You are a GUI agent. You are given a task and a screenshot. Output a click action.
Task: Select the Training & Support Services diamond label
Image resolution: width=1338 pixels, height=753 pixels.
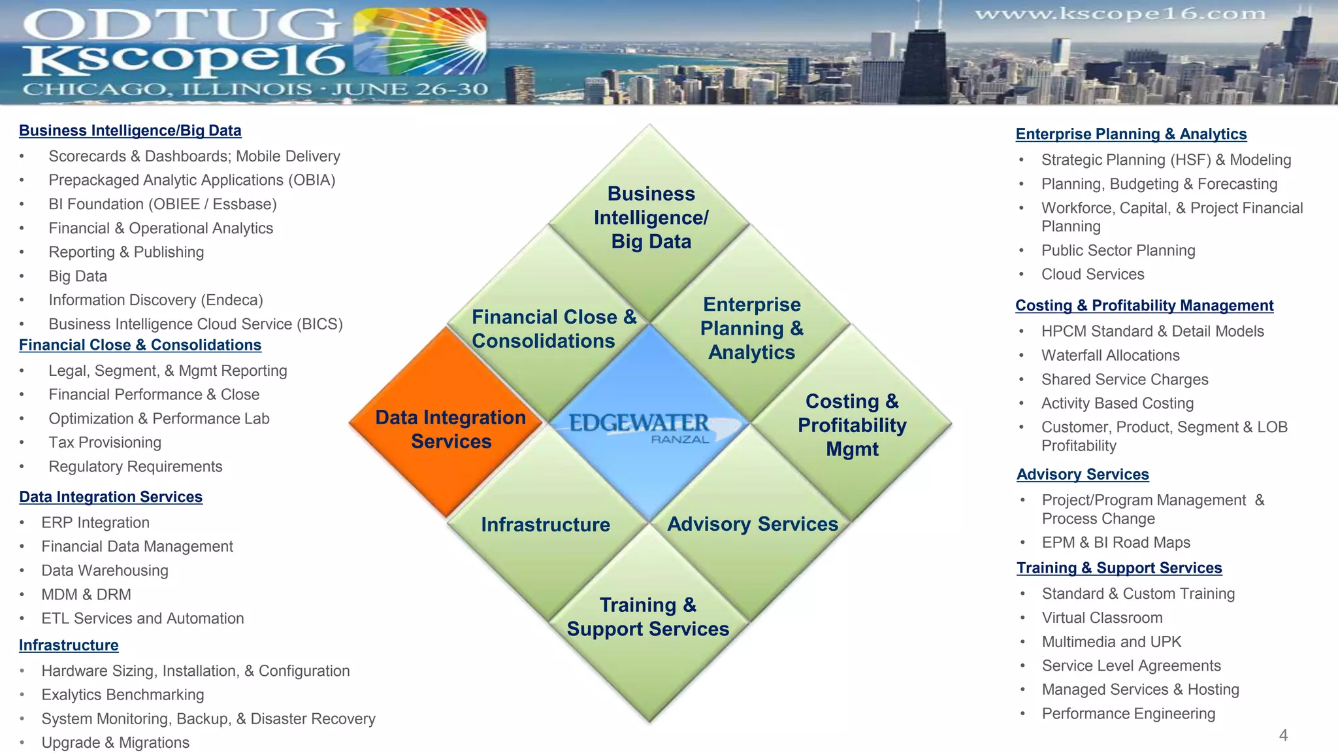(x=648, y=616)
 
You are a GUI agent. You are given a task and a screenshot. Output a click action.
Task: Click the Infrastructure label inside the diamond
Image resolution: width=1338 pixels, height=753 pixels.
(x=546, y=524)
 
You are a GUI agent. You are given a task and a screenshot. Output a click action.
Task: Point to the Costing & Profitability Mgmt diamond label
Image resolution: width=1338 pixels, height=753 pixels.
(x=852, y=425)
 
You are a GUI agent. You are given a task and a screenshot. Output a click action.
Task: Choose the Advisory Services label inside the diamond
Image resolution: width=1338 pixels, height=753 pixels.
(x=753, y=524)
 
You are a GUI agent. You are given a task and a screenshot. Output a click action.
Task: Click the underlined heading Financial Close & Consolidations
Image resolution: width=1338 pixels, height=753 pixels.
(x=140, y=345)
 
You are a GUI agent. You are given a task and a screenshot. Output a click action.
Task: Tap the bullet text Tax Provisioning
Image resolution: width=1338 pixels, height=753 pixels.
(x=105, y=443)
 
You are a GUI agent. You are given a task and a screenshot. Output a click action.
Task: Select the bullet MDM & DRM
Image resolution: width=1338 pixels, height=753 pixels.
(x=86, y=595)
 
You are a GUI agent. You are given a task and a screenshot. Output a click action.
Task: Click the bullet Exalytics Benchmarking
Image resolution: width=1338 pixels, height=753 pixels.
(x=123, y=695)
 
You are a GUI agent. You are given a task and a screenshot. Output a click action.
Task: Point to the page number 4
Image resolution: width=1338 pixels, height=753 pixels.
(x=1283, y=735)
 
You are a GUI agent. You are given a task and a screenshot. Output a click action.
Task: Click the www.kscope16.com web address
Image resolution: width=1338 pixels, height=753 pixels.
(x=1120, y=14)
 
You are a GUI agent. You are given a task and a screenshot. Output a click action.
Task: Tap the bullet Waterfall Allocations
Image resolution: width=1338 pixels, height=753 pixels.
(x=1111, y=356)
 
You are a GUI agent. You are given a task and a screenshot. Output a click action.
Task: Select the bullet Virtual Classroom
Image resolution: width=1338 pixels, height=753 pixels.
(x=1102, y=618)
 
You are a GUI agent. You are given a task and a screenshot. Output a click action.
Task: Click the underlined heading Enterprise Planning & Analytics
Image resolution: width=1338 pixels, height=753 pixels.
(x=1131, y=134)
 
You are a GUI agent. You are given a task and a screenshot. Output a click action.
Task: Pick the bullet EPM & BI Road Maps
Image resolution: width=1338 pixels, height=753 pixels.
(x=1116, y=543)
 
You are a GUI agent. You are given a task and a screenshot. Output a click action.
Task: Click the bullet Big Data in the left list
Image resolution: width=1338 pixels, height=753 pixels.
(x=78, y=276)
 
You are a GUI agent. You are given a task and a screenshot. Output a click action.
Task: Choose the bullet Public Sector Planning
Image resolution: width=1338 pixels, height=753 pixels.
(x=1118, y=250)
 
